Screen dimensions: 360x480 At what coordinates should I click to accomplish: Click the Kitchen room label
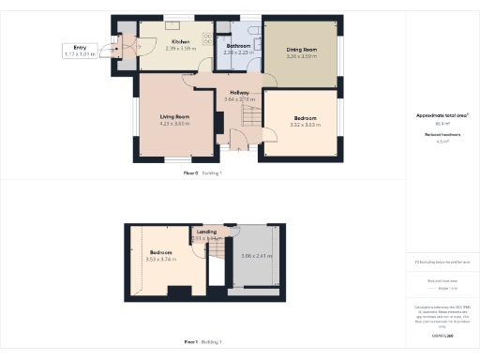(x=178, y=41)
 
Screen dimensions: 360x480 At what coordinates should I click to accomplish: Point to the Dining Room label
(x=301, y=49)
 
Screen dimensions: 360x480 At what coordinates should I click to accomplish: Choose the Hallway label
(x=240, y=92)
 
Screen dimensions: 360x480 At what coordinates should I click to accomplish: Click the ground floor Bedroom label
(x=306, y=118)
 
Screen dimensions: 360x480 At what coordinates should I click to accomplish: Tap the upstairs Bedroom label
(x=162, y=251)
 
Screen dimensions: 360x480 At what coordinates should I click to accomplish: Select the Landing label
(x=206, y=232)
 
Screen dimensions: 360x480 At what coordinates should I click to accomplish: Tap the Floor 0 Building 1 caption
(x=202, y=173)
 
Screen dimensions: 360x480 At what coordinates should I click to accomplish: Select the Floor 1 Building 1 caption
(x=202, y=342)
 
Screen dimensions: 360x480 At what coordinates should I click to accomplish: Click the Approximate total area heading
(x=442, y=115)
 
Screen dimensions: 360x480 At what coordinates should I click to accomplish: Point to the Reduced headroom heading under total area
(x=442, y=135)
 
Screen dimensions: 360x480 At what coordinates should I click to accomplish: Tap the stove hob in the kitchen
(x=207, y=37)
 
